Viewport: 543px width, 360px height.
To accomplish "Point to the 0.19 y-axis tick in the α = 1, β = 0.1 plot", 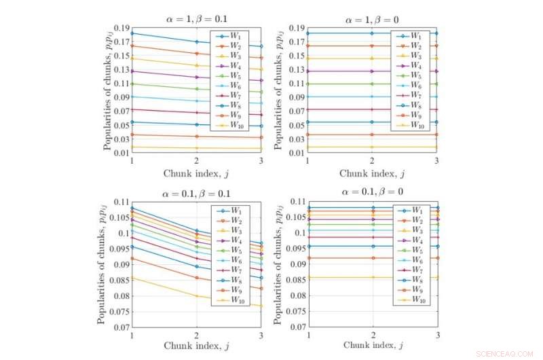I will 119,29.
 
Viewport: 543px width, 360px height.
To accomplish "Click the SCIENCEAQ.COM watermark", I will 505,353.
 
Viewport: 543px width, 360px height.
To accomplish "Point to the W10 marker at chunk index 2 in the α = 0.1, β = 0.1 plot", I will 195,296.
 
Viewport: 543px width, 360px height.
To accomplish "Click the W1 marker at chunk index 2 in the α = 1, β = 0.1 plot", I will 195,42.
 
